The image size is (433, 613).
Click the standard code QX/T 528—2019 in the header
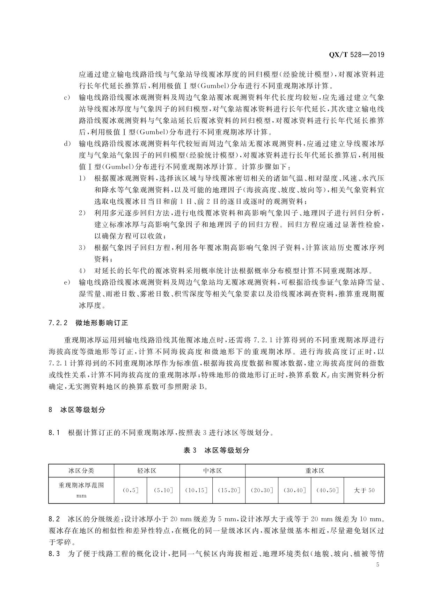[x=357, y=55]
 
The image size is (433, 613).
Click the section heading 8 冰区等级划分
[x=77, y=410]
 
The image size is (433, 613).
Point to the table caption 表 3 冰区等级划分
[x=216, y=450]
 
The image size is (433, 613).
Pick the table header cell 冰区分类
[x=81, y=471]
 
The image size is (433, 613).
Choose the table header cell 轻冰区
[x=147, y=471]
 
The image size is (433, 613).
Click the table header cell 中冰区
[x=212, y=471]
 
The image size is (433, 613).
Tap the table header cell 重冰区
[x=315, y=471]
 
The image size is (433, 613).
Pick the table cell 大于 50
[x=364, y=490]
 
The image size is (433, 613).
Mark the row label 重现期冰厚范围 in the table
[x=81, y=485]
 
